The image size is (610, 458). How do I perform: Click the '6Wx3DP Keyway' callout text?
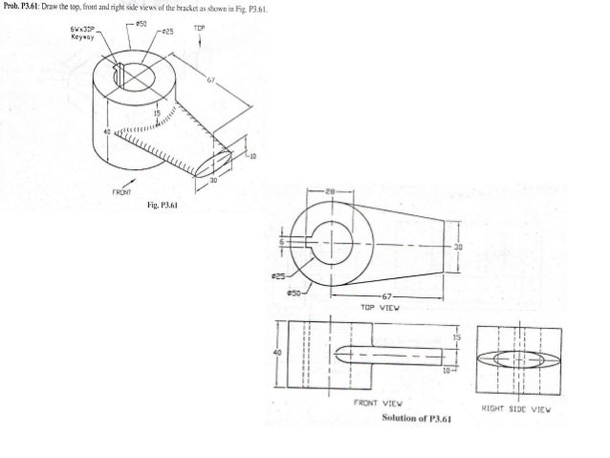[82, 34]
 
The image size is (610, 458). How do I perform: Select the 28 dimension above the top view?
[331, 192]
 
